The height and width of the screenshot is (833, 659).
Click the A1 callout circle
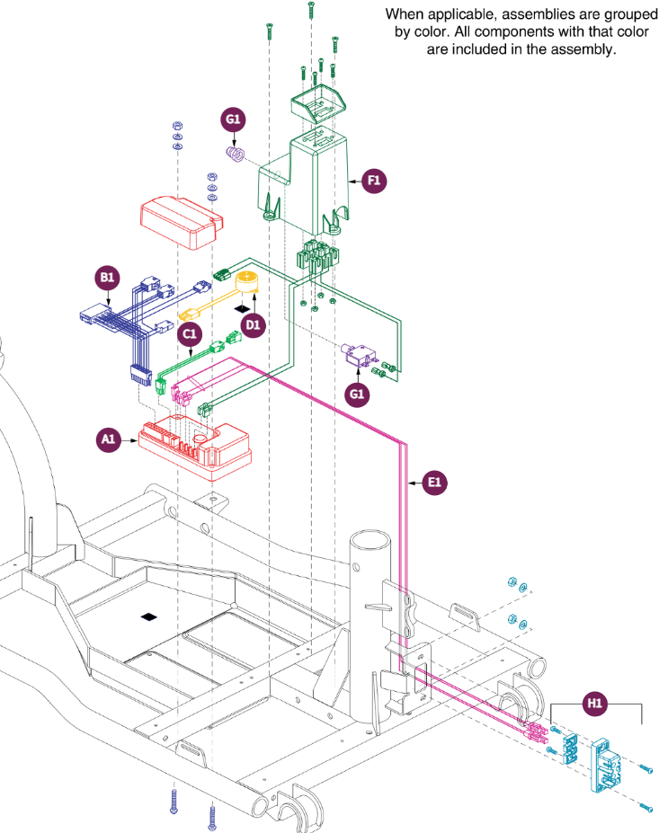click(x=109, y=439)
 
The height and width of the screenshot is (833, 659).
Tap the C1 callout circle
click(x=189, y=334)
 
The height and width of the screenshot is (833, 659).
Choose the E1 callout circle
click(x=435, y=483)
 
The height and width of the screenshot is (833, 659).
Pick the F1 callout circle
click(x=375, y=181)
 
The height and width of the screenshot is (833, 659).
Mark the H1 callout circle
click(x=595, y=705)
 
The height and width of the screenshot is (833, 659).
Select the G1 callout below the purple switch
click(x=358, y=394)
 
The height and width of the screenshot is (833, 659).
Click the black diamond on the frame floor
click(x=149, y=617)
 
